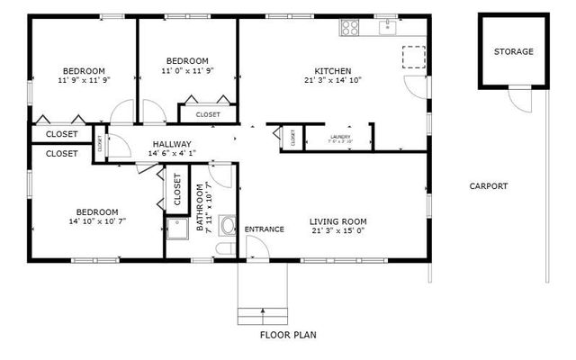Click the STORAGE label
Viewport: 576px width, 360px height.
tap(513, 52)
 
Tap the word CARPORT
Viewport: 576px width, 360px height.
tap(489, 186)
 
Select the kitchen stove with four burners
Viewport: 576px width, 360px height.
tap(350, 28)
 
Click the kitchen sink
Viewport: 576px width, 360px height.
tap(388, 27)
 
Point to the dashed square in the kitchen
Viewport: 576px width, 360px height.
tap(413, 57)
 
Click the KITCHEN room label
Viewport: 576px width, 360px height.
tap(332, 71)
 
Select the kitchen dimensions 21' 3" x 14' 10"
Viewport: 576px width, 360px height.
tap(332, 81)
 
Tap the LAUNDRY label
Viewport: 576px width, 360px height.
tap(340, 135)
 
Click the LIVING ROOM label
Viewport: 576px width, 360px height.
tap(337, 220)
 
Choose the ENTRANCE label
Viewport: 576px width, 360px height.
tap(265, 229)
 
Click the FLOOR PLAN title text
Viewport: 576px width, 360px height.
tap(288, 335)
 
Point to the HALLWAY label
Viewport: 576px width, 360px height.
tap(171, 144)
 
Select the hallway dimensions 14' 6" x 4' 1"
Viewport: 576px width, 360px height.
tap(171, 154)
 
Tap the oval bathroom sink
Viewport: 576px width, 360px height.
tap(228, 225)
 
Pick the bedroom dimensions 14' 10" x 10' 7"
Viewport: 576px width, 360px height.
tap(96, 220)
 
